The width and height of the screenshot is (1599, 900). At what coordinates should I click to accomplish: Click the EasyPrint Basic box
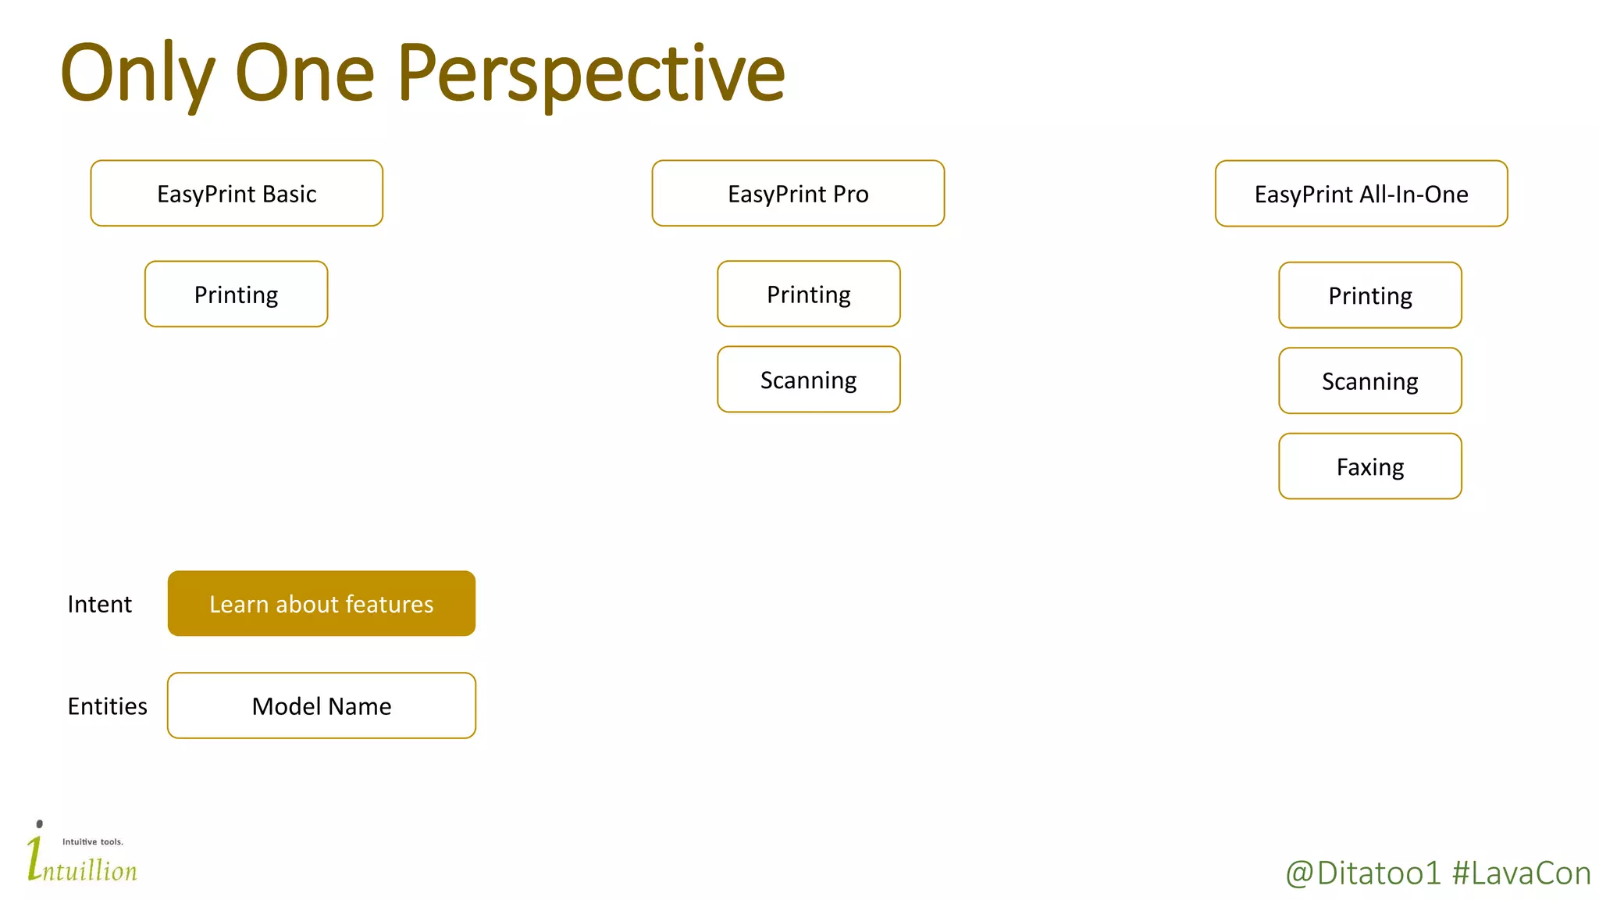pyautogui.click(x=237, y=194)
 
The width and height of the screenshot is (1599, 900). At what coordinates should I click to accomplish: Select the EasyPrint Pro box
pyautogui.click(x=798, y=194)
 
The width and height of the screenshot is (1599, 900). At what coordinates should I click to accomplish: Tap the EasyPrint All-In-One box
pyautogui.click(x=1361, y=194)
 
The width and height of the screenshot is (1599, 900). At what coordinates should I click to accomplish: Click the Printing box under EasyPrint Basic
pyautogui.click(x=236, y=295)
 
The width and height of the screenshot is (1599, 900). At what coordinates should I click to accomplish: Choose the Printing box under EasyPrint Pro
pyautogui.click(x=808, y=295)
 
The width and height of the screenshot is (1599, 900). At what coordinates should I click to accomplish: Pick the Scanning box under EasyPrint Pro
pyautogui.click(x=808, y=380)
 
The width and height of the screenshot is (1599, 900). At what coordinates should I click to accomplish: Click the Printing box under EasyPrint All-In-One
pyautogui.click(x=1369, y=295)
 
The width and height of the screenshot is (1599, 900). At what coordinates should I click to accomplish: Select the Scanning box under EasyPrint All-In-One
pyautogui.click(x=1369, y=381)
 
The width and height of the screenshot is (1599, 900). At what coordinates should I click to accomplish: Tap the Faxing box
pyautogui.click(x=1369, y=466)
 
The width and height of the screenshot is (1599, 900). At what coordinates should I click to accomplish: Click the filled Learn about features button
pyautogui.click(x=321, y=604)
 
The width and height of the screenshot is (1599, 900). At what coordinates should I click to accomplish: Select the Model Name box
pyautogui.click(x=321, y=705)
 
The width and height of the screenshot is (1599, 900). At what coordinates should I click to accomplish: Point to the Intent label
pyautogui.click(x=99, y=604)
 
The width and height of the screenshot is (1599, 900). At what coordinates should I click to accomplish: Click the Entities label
pyautogui.click(x=107, y=706)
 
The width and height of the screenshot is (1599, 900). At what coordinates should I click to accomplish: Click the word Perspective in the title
pyautogui.click(x=590, y=74)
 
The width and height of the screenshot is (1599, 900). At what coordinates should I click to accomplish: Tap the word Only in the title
pyautogui.click(x=137, y=74)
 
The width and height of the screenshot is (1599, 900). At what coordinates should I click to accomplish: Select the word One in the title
pyautogui.click(x=304, y=74)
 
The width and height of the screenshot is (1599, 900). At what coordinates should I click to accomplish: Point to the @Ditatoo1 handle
pyautogui.click(x=1362, y=873)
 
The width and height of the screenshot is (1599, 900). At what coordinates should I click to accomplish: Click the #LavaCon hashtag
pyautogui.click(x=1521, y=873)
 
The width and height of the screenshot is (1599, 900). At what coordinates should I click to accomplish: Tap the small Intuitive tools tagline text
pyautogui.click(x=93, y=841)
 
